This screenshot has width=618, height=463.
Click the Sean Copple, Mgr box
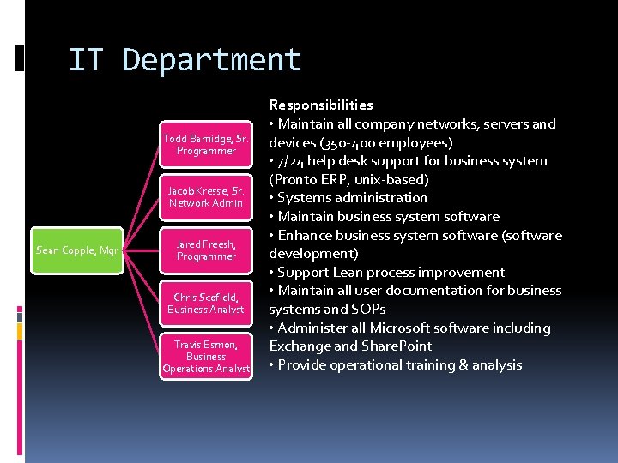point(77,250)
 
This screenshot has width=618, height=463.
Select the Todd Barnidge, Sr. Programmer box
point(206,144)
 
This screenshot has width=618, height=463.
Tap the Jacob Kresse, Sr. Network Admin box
point(206,197)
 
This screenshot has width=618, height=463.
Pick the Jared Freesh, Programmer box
point(206,250)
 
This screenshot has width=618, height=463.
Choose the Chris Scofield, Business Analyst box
point(206,304)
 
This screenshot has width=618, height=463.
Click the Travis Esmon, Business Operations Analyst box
point(206,357)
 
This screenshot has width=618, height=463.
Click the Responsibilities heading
point(321,105)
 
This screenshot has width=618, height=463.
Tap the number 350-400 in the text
point(346,142)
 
